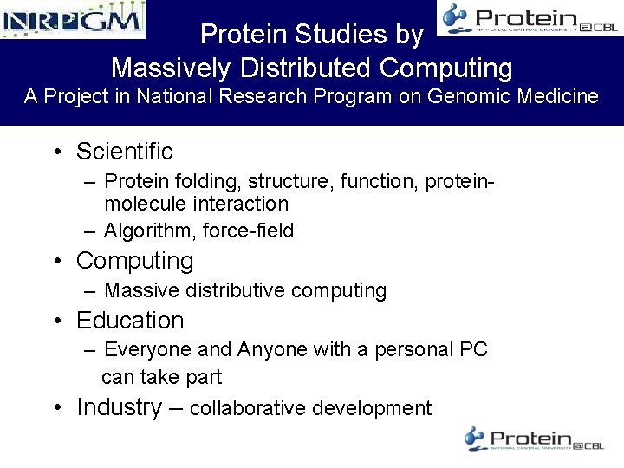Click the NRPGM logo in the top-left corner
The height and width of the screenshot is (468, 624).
click(x=73, y=19)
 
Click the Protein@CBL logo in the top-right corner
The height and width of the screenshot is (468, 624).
click(x=529, y=18)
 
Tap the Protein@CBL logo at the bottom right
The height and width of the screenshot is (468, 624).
click(x=534, y=439)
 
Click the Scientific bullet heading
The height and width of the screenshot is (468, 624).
click(x=124, y=152)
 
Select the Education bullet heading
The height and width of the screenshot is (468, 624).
click(x=130, y=321)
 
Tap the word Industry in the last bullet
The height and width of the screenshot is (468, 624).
click(x=119, y=407)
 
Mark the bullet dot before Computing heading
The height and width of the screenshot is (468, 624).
click(x=56, y=261)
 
